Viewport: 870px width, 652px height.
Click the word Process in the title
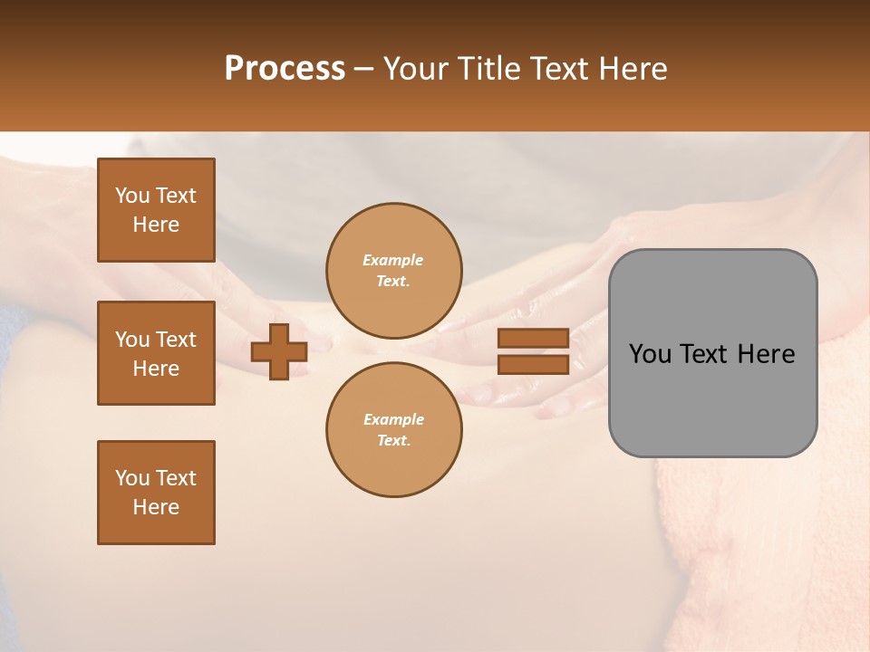tap(285, 69)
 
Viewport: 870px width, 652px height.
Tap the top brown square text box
tap(156, 210)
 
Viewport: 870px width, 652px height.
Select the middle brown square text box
tap(156, 353)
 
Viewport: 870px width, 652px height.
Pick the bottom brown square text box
tap(156, 493)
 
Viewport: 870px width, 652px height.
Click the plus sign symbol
tap(279, 351)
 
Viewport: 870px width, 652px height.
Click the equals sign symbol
tap(533, 351)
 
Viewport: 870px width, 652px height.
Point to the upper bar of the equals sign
tap(533, 339)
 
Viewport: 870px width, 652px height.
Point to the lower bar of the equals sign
tap(533, 364)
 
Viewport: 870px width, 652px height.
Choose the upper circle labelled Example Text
tap(393, 271)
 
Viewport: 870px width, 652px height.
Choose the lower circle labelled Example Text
tap(393, 430)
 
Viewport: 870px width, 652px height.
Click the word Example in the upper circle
tap(393, 260)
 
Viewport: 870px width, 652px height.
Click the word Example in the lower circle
tap(393, 419)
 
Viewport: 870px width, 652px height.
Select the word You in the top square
tap(132, 196)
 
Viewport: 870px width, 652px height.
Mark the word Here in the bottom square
tap(156, 507)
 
